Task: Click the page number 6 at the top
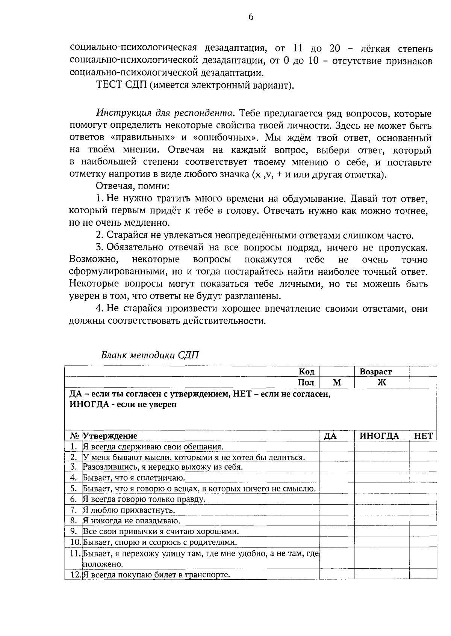tap(251, 17)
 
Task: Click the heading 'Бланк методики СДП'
tap(150, 355)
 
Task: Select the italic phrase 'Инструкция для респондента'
tap(165, 113)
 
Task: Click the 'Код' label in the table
tap(306, 372)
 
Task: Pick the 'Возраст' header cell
tap(375, 372)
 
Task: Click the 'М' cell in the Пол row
tap(337, 383)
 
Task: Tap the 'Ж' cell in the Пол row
tap(381, 383)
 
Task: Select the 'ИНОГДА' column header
tap(379, 436)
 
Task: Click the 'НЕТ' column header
tap(423, 436)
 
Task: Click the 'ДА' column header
tap(330, 436)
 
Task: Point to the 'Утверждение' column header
tap(110, 436)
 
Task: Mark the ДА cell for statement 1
tap(337, 447)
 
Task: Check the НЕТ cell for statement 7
tap(423, 510)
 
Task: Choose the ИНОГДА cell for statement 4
tap(381, 478)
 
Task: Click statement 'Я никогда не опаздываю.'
tap(132, 521)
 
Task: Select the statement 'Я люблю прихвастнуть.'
tap(129, 510)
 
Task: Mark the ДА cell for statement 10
tap(337, 543)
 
